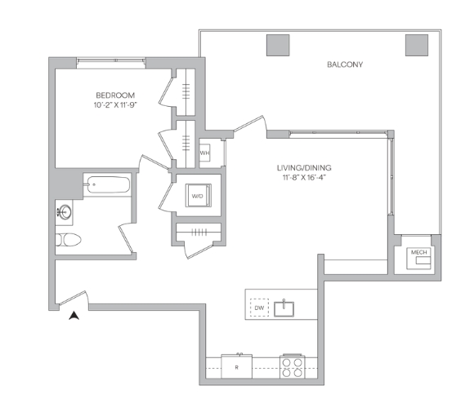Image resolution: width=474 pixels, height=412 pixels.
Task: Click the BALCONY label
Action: click(x=345, y=64)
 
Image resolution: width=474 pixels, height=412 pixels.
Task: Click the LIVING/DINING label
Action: click(x=302, y=168)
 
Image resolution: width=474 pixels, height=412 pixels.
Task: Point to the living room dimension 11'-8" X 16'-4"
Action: click(x=302, y=179)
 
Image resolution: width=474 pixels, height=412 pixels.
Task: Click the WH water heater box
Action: click(x=205, y=153)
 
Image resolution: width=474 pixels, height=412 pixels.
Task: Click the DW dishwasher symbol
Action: click(x=259, y=308)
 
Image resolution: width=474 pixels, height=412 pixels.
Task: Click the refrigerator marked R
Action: click(x=236, y=366)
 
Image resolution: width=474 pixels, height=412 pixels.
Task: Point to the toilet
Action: click(x=68, y=241)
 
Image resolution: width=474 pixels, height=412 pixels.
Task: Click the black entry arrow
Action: click(x=74, y=317)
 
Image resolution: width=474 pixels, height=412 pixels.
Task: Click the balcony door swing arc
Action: click(x=250, y=126)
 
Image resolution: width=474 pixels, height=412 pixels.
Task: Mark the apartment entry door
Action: click(x=74, y=301)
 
